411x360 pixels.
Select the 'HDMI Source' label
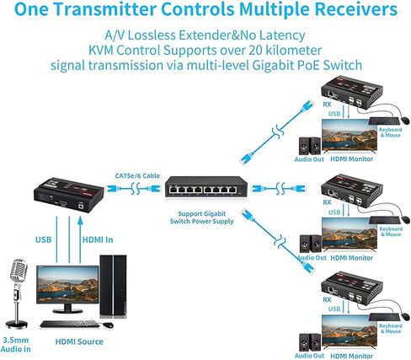tap(80, 341)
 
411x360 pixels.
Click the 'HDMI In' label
tap(94, 239)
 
